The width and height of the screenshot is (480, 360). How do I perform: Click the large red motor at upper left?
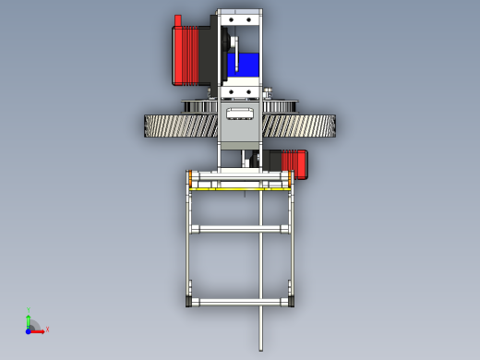coord(189,55)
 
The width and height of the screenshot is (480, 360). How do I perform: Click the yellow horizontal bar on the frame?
coord(240,187)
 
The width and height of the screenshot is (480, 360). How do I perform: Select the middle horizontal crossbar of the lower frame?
coord(240,228)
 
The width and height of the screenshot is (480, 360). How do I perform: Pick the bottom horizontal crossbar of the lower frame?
coord(240,302)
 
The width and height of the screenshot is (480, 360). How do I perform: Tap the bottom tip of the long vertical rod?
coord(261,348)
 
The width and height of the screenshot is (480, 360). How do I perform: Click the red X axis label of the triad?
coord(47,329)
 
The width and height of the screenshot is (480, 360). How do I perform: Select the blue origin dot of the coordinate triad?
coord(29,330)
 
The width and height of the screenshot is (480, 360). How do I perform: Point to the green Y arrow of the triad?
coord(29,319)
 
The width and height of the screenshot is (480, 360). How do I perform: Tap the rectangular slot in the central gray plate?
coord(240,114)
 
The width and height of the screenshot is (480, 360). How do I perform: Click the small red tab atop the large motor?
coord(178,20)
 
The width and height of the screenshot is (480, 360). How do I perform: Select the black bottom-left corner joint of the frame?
coord(188,302)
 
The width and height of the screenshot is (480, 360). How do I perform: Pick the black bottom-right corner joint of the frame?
coord(292,302)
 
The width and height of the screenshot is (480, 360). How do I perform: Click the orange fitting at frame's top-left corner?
coord(190,174)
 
